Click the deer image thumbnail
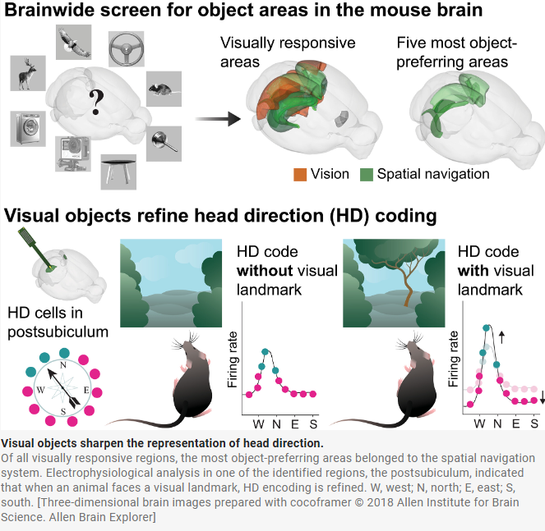point(28,72)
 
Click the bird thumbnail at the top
point(75,41)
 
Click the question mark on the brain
point(97,102)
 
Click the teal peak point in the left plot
point(265,351)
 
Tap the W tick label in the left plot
point(258,423)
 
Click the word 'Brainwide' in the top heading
point(50,14)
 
